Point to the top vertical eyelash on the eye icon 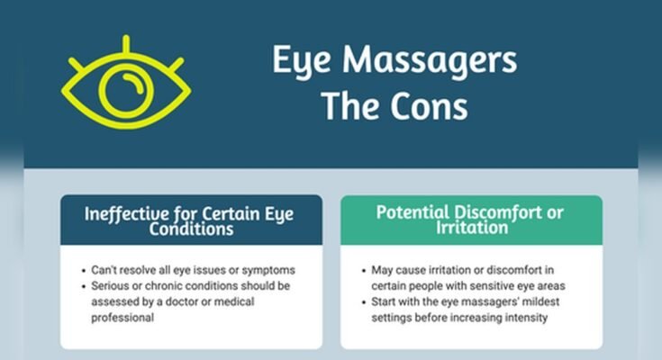click(x=125, y=45)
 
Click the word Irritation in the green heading click(x=470, y=229)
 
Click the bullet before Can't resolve click(x=83, y=270)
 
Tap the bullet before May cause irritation click(x=363, y=270)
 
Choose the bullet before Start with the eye click(x=363, y=302)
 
